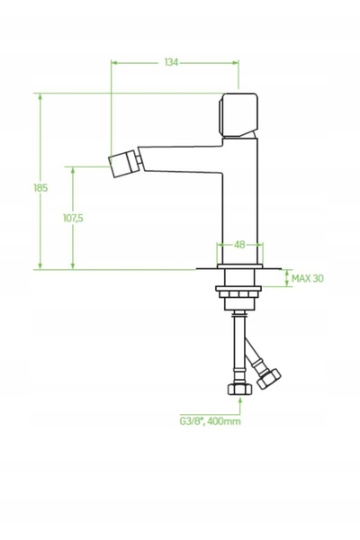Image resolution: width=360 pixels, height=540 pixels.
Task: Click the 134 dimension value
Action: pos(171,62)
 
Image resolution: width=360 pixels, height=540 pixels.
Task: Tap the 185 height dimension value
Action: pos(40,188)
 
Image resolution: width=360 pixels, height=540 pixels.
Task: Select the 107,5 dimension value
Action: pos(73,218)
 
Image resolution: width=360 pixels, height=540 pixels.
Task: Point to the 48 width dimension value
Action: pos(239,245)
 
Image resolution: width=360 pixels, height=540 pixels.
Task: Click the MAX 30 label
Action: pos(308,278)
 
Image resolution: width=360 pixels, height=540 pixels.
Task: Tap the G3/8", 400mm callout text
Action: pos(210,421)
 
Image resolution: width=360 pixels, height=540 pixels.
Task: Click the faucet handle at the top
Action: pos(238,115)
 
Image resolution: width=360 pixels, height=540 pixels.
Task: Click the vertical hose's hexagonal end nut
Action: pos(239,389)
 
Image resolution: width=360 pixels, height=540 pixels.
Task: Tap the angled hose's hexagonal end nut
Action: pos(269,379)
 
